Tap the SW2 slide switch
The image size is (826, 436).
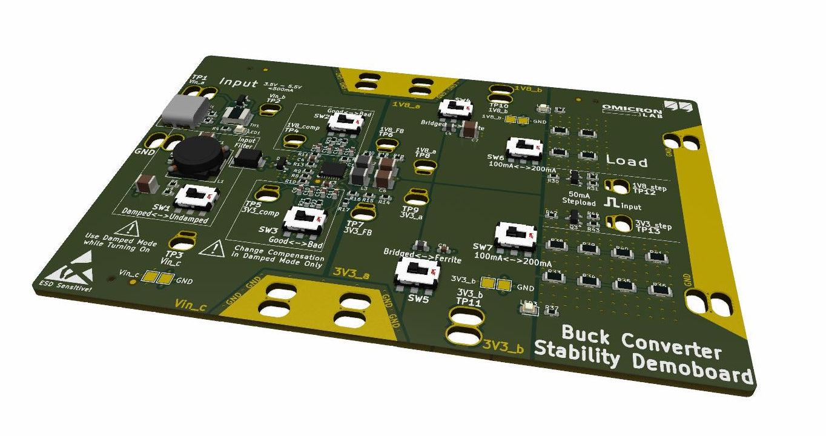pyautogui.click(x=343, y=123)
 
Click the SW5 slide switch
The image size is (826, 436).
pyautogui.click(x=418, y=271)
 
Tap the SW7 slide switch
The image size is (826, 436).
pyautogui.click(x=515, y=234)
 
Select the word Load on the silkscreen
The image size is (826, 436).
pyautogui.click(x=627, y=162)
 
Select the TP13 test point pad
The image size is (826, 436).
pyautogui.click(x=623, y=226)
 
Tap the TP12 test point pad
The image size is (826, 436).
pyautogui.click(x=619, y=187)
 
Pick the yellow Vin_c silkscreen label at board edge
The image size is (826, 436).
pyautogui.click(x=191, y=305)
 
